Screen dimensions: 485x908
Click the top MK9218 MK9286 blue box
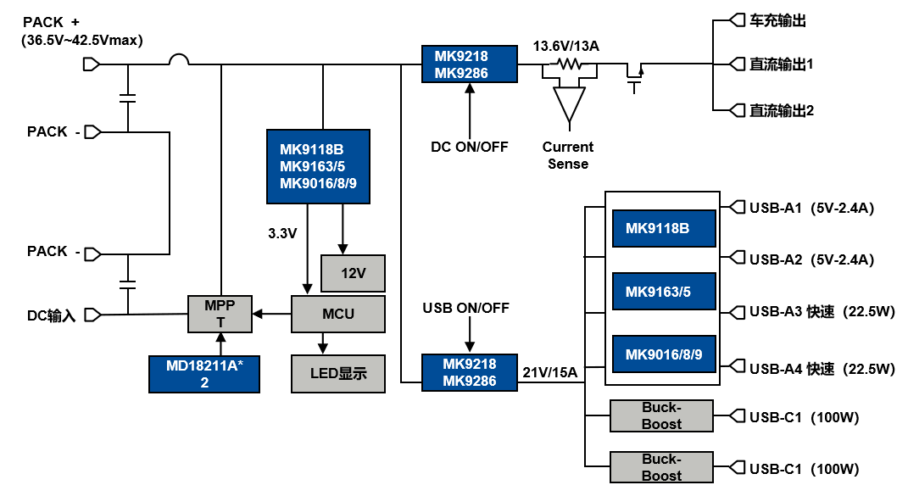(469, 64)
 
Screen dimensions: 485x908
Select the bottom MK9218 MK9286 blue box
(469, 373)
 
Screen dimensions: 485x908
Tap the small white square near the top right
(634, 59)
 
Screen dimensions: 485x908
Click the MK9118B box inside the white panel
(664, 228)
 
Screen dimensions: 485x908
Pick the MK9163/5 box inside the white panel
(664, 292)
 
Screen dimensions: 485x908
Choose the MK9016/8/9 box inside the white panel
(664, 354)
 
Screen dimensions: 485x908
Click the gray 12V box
(353, 273)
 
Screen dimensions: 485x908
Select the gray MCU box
(337, 314)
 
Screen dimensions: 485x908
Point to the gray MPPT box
(220, 314)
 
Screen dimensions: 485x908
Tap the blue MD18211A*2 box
(203, 374)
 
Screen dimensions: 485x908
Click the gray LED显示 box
(337, 374)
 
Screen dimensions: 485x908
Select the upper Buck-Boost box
(661, 415)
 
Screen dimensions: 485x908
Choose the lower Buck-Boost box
(661, 467)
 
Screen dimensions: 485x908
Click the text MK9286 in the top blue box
(461, 74)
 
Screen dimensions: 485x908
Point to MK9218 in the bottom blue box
(469, 365)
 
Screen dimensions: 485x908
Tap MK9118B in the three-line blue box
(311, 149)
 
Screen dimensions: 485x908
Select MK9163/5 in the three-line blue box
(312, 166)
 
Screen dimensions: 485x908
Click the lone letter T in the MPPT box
(220, 323)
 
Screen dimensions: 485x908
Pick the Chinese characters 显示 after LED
(353, 374)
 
